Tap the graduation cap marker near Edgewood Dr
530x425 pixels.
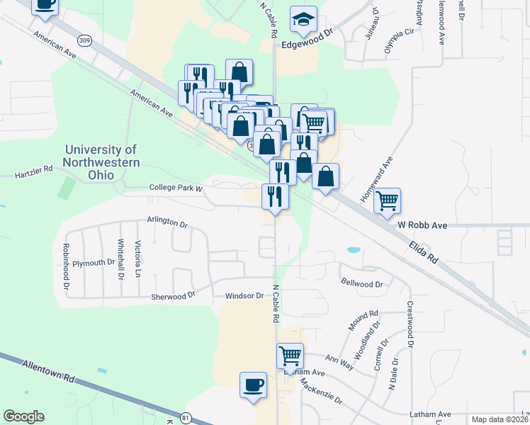(303, 22)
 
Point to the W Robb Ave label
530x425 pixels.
(422, 225)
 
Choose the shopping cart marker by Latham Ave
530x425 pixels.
(290, 356)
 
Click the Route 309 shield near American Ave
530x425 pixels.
(85, 40)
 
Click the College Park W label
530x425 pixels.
(176, 188)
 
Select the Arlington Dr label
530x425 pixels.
(167, 222)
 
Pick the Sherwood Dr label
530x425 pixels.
(172, 297)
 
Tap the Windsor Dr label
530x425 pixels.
(244, 296)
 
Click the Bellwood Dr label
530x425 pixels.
(361, 283)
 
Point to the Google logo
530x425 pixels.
(24, 416)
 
